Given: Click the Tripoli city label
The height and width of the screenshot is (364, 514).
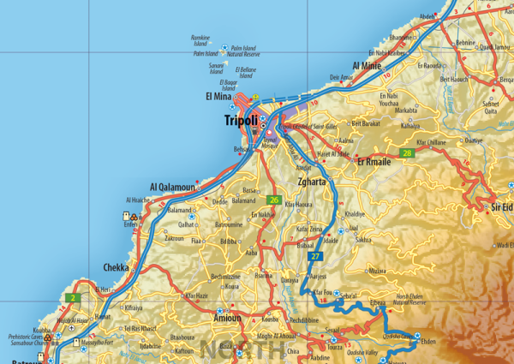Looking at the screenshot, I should [x=240, y=121].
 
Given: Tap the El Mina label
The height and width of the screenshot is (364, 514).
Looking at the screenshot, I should [x=220, y=98].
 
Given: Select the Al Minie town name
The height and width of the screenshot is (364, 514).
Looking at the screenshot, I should [x=366, y=65].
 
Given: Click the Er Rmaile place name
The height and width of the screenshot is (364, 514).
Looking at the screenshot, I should [x=374, y=160].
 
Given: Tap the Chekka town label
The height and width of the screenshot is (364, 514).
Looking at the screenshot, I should [x=117, y=267].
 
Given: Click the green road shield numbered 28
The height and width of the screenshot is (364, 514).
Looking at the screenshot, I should [x=407, y=153].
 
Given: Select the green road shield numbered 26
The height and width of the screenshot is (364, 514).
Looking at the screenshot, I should [x=274, y=200].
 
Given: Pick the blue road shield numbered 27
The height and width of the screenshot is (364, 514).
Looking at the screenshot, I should [x=315, y=256].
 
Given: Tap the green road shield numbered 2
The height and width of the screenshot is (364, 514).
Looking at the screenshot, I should [x=74, y=297].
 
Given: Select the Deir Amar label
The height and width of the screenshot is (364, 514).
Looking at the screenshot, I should [x=340, y=77].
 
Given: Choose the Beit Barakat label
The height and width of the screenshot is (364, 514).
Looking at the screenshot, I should [x=365, y=123].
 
